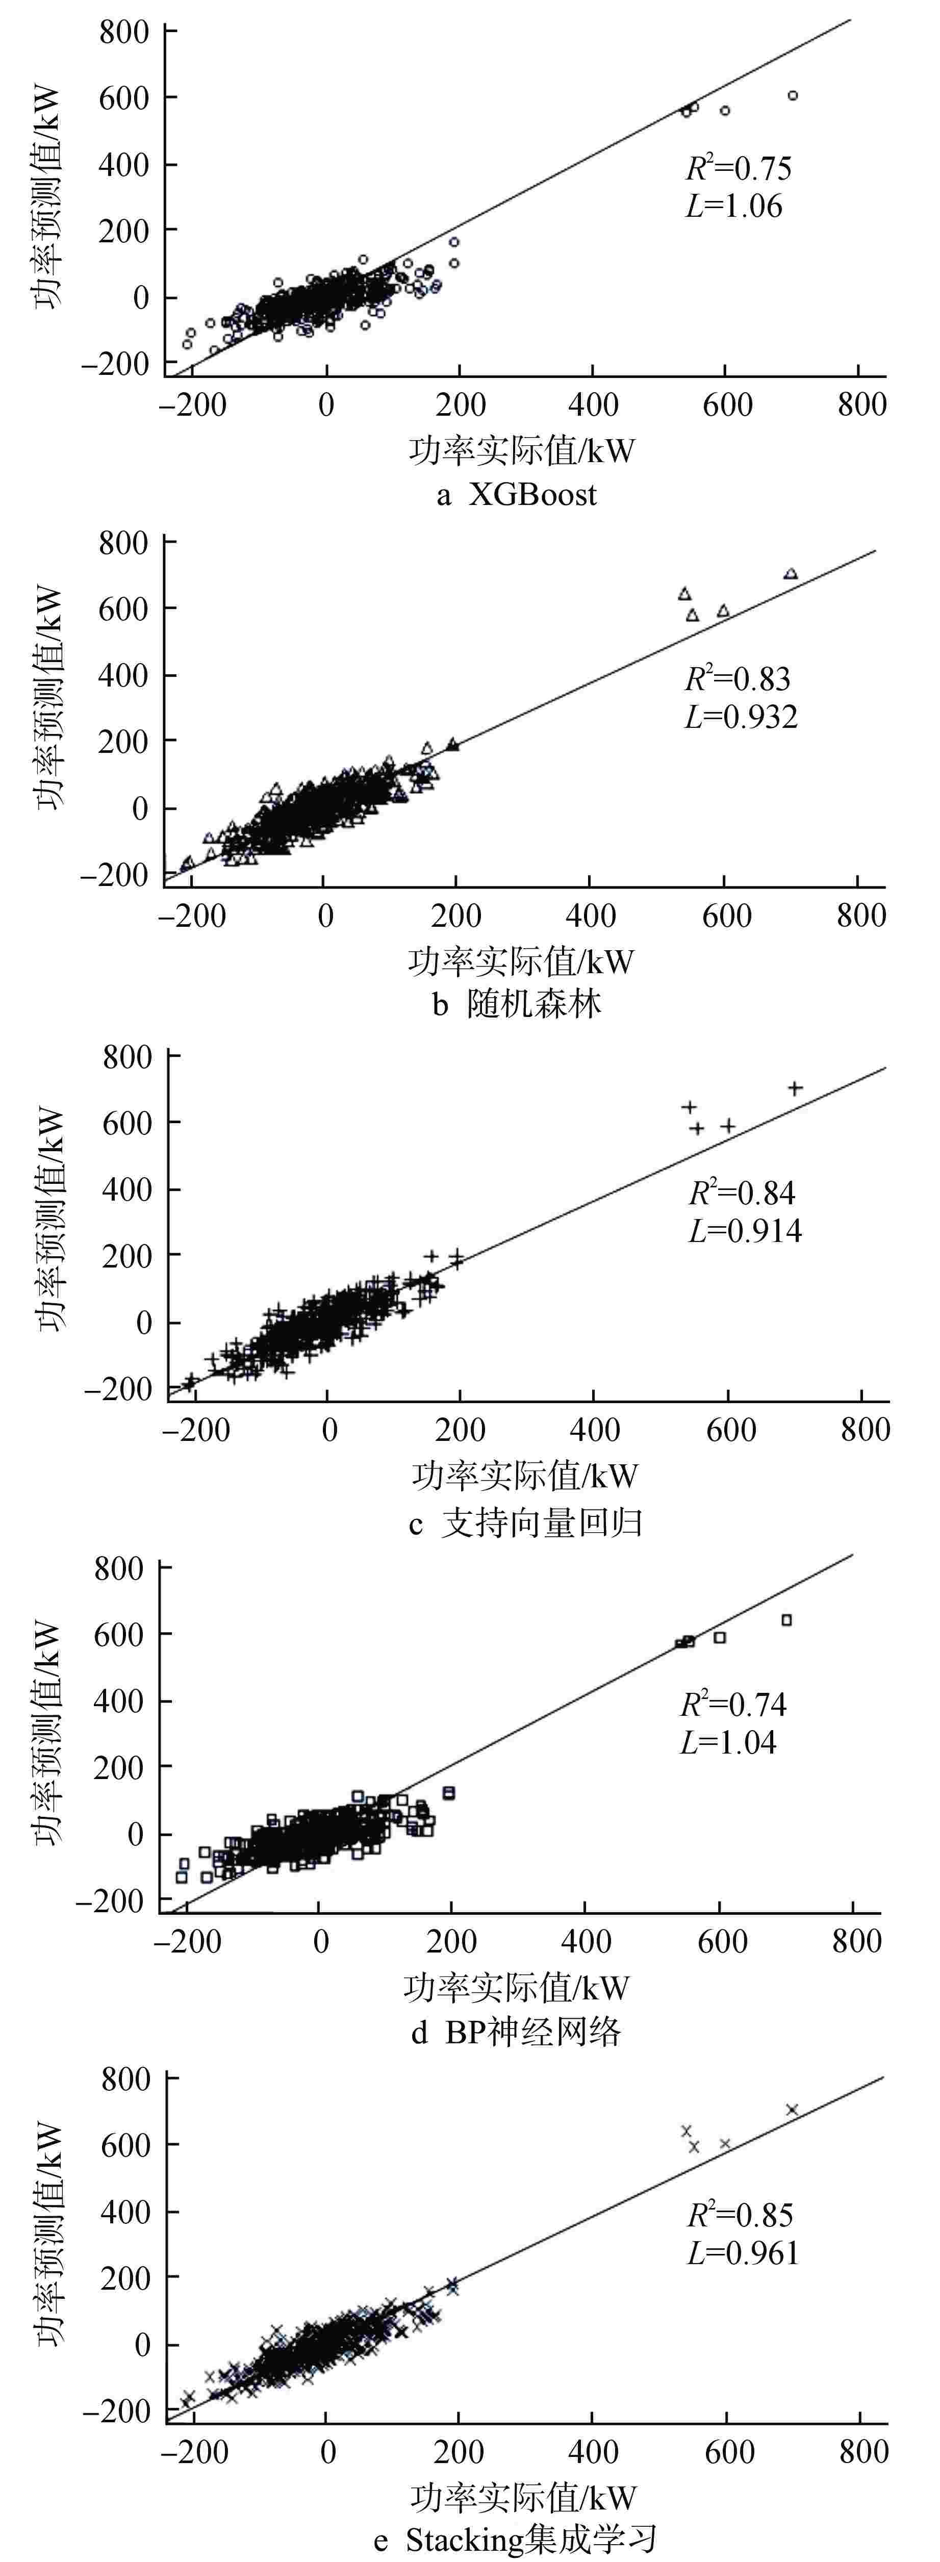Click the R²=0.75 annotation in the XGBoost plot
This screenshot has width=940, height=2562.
pyautogui.click(x=738, y=168)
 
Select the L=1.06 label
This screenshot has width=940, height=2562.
pyautogui.click(x=734, y=207)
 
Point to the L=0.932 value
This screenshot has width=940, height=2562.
pyautogui.click(x=741, y=717)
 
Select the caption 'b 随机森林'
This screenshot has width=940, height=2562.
pyautogui.click(x=517, y=1004)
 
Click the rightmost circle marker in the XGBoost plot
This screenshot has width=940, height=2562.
pyautogui.click(x=793, y=95)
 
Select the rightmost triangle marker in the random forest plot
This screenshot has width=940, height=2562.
pyautogui.click(x=791, y=574)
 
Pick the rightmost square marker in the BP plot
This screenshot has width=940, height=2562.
pyautogui.click(x=787, y=1620)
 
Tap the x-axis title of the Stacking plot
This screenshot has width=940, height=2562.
pyautogui.click(x=522, y=2497)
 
